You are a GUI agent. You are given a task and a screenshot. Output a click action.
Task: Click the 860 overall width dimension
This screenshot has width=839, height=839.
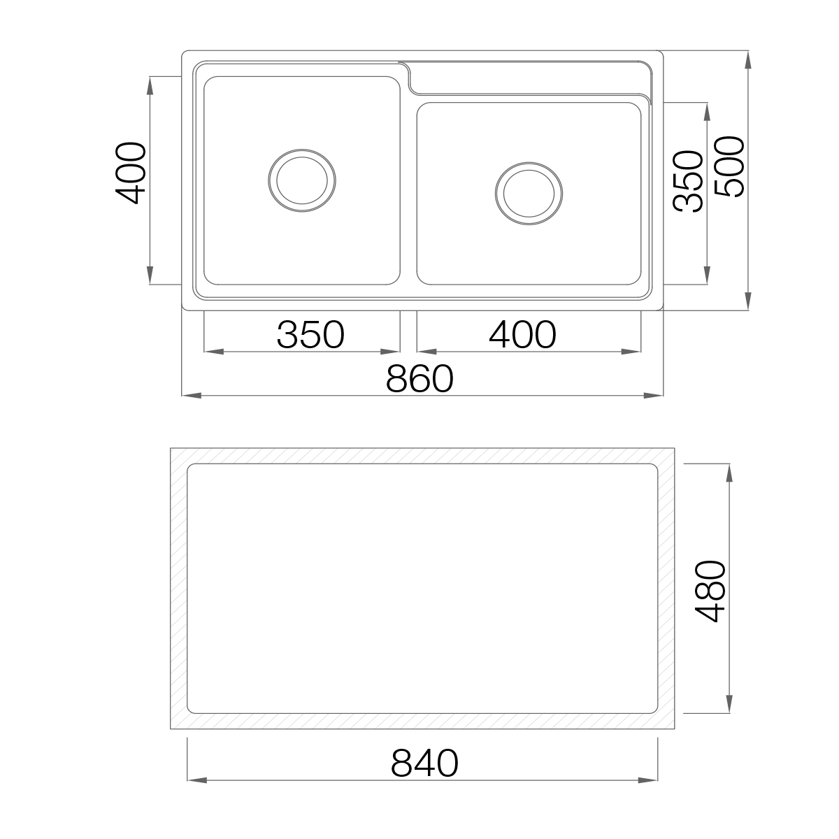(419, 378)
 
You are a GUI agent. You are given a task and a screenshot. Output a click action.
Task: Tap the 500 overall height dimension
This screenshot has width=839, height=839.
(730, 167)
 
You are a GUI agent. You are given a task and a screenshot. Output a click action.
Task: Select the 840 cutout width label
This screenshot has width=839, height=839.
(424, 763)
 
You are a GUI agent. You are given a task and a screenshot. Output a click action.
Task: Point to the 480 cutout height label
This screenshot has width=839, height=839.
(710, 591)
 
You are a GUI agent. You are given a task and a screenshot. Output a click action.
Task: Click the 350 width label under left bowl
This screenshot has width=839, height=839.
(310, 335)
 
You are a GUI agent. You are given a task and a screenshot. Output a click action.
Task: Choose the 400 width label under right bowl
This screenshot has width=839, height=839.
(522, 335)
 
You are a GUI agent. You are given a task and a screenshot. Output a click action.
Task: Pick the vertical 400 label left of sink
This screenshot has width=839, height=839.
(130, 173)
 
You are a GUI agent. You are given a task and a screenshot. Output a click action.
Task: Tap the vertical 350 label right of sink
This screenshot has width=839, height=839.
(688, 181)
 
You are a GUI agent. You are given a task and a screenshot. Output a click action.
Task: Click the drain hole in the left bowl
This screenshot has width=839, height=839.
(302, 180)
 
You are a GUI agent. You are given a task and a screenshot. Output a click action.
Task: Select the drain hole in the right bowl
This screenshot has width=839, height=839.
(529, 193)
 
